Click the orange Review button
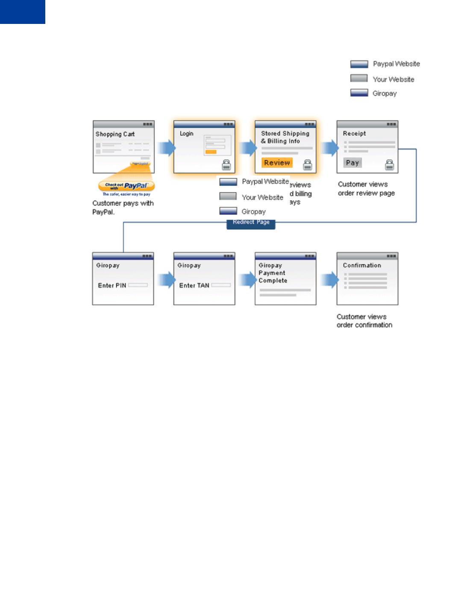(x=277, y=163)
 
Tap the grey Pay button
(x=353, y=163)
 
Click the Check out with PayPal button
(x=126, y=186)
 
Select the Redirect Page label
(x=251, y=223)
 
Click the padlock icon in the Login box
(x=226, y=165)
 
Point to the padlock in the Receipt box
(x=389, y=165)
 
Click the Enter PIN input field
(x=138, y=285)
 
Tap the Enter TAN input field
(x=220, y=285)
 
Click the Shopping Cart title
(x=115, y=134)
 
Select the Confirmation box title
(x=362, y=265)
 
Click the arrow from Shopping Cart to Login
(x=166, y=148)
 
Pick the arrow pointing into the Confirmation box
(x=329, y=280)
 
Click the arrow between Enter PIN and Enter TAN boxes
(x=166, y=280)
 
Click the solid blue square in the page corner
(x=22, y=12)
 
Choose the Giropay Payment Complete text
(x=273, y=273)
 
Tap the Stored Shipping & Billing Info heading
(x=285, y=137)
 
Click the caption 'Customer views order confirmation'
(x=364, y=321)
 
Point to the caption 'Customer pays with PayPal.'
(x=123, y=208)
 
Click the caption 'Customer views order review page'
(x=366, y=189)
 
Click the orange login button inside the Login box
(x=211, y=152)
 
